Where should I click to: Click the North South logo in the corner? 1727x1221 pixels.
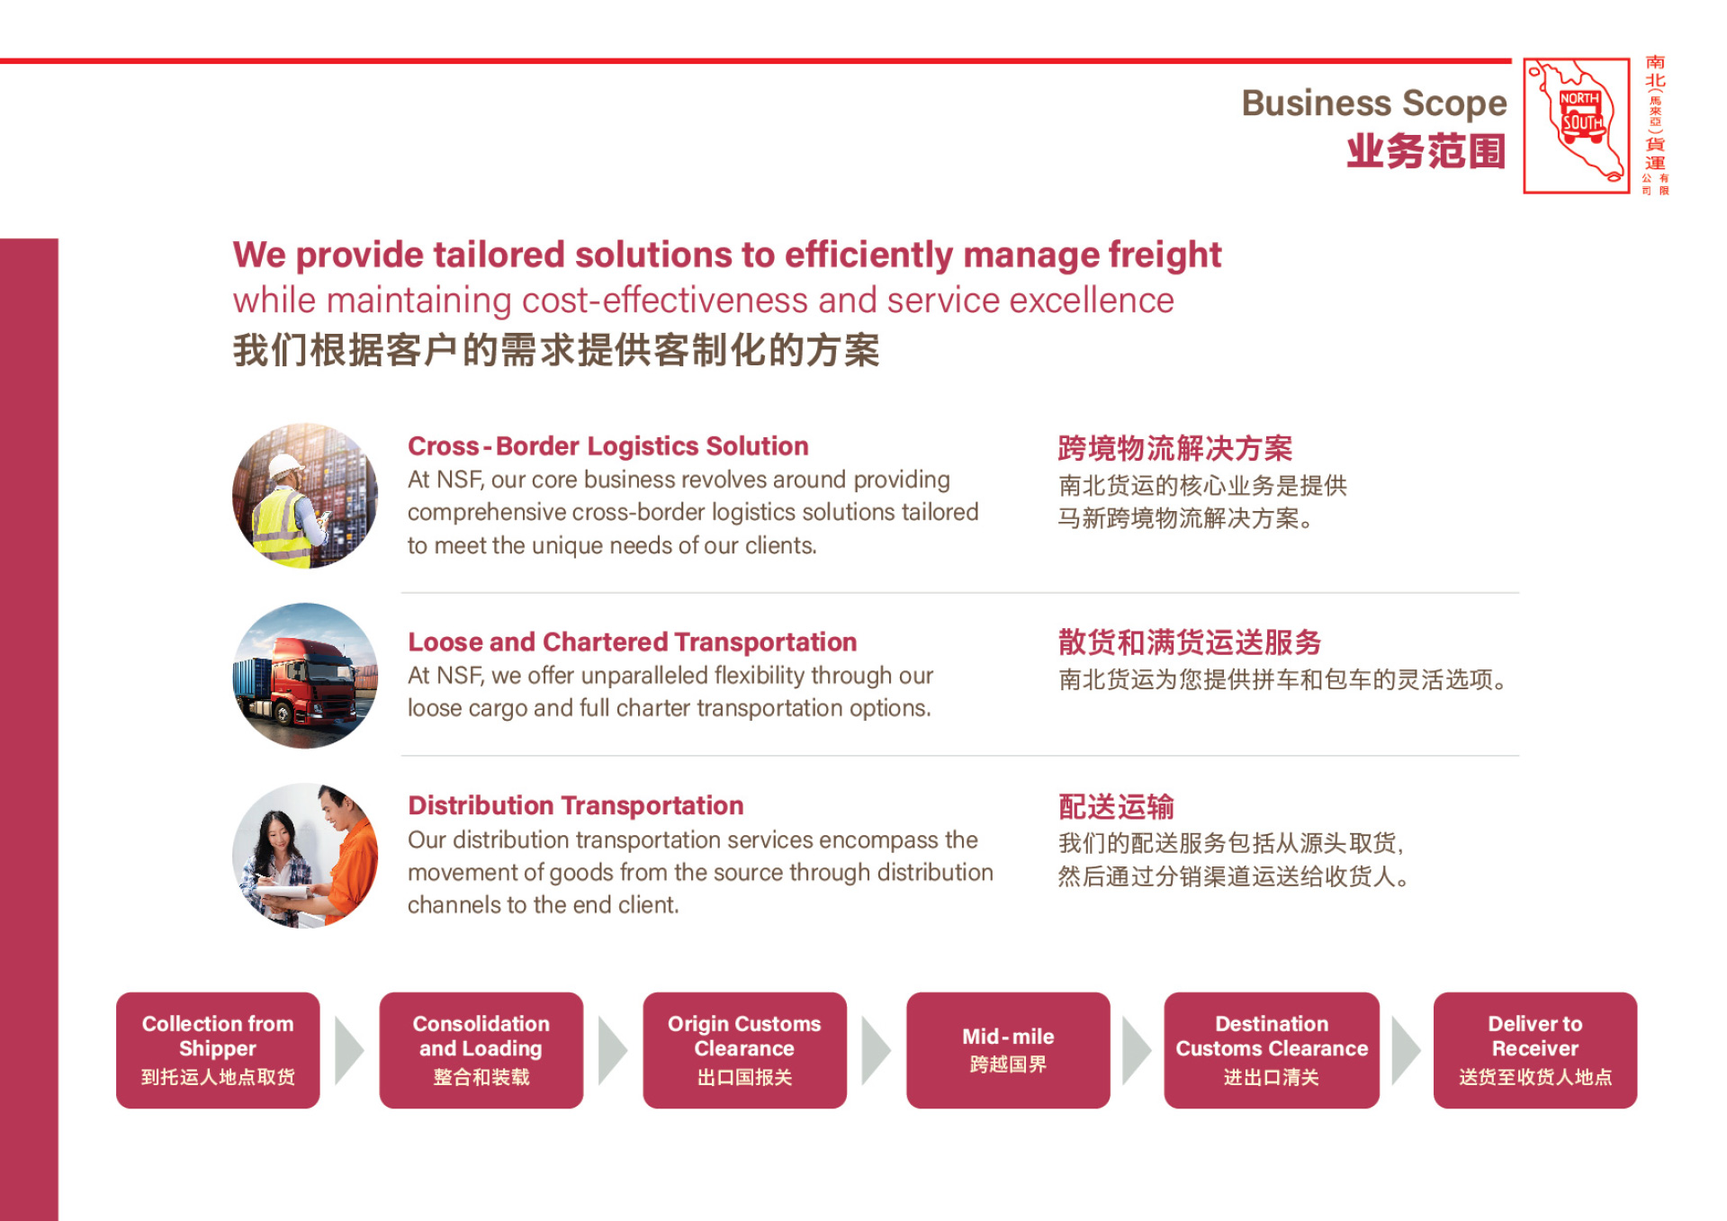pos(1576,126)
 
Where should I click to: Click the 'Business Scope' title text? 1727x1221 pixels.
pos(1373,103)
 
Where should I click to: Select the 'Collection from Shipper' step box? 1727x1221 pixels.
pos(218,1050)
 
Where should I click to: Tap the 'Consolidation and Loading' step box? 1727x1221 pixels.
pos(481,1050)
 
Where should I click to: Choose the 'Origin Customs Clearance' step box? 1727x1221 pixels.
pos(744,1050)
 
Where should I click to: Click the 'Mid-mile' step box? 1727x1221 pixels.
pos(1008,1050)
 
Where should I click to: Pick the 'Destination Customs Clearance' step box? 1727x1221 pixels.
pos(1272,1050)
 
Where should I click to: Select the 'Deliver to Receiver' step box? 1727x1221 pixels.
pos(1535,1050)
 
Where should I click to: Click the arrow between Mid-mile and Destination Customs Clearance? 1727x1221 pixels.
pos(1136,1050)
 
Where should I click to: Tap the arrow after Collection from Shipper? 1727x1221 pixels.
pos(348,1050)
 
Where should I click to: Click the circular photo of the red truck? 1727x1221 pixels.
pos(305,676)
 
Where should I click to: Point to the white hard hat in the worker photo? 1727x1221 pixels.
pos(286,465)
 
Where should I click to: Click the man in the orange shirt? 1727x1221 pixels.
pos(346,855)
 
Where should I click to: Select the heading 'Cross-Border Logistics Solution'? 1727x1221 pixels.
pos(607,446)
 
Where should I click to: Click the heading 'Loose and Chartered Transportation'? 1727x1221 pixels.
pos(632,642)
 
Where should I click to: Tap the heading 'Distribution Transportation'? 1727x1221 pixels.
pos(575,805)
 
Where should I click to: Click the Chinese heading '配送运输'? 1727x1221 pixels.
pos(1116,806)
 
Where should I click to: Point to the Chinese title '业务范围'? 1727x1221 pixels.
pos(1426,151)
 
